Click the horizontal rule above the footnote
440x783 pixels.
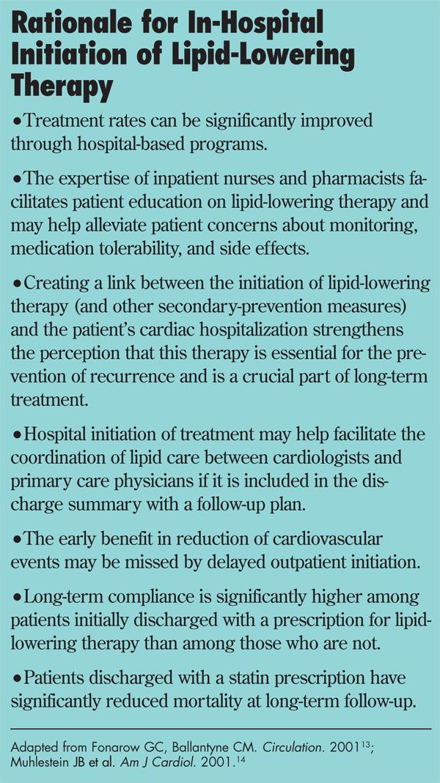coord(220,729)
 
